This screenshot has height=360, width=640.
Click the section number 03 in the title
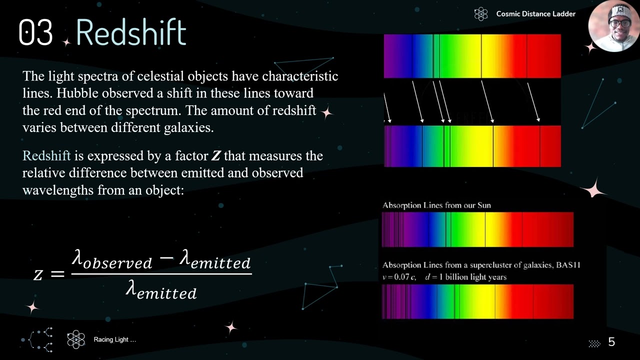tap(35, 32)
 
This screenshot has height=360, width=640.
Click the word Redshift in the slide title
tap(131, 32)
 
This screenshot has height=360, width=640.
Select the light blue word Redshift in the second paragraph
tap(46, 156)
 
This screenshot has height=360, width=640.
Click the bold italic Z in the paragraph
tap(215, 156)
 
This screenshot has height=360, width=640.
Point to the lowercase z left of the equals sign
tap(38, 273)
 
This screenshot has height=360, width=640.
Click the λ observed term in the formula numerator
tap(112, 259)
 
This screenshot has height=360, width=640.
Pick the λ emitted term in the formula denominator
tap(161, 289)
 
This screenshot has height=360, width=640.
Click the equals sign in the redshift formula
tap(57, 273)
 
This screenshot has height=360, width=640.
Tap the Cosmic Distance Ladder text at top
tap(535, 14)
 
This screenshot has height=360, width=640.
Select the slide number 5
tap(611, 342)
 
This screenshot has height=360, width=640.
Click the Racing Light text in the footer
tap(114, 340)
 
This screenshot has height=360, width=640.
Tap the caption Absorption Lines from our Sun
tap(436, 205)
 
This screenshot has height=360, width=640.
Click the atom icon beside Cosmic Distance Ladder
tap(480, 14)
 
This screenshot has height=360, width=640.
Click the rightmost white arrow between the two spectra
tap(533, 102)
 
